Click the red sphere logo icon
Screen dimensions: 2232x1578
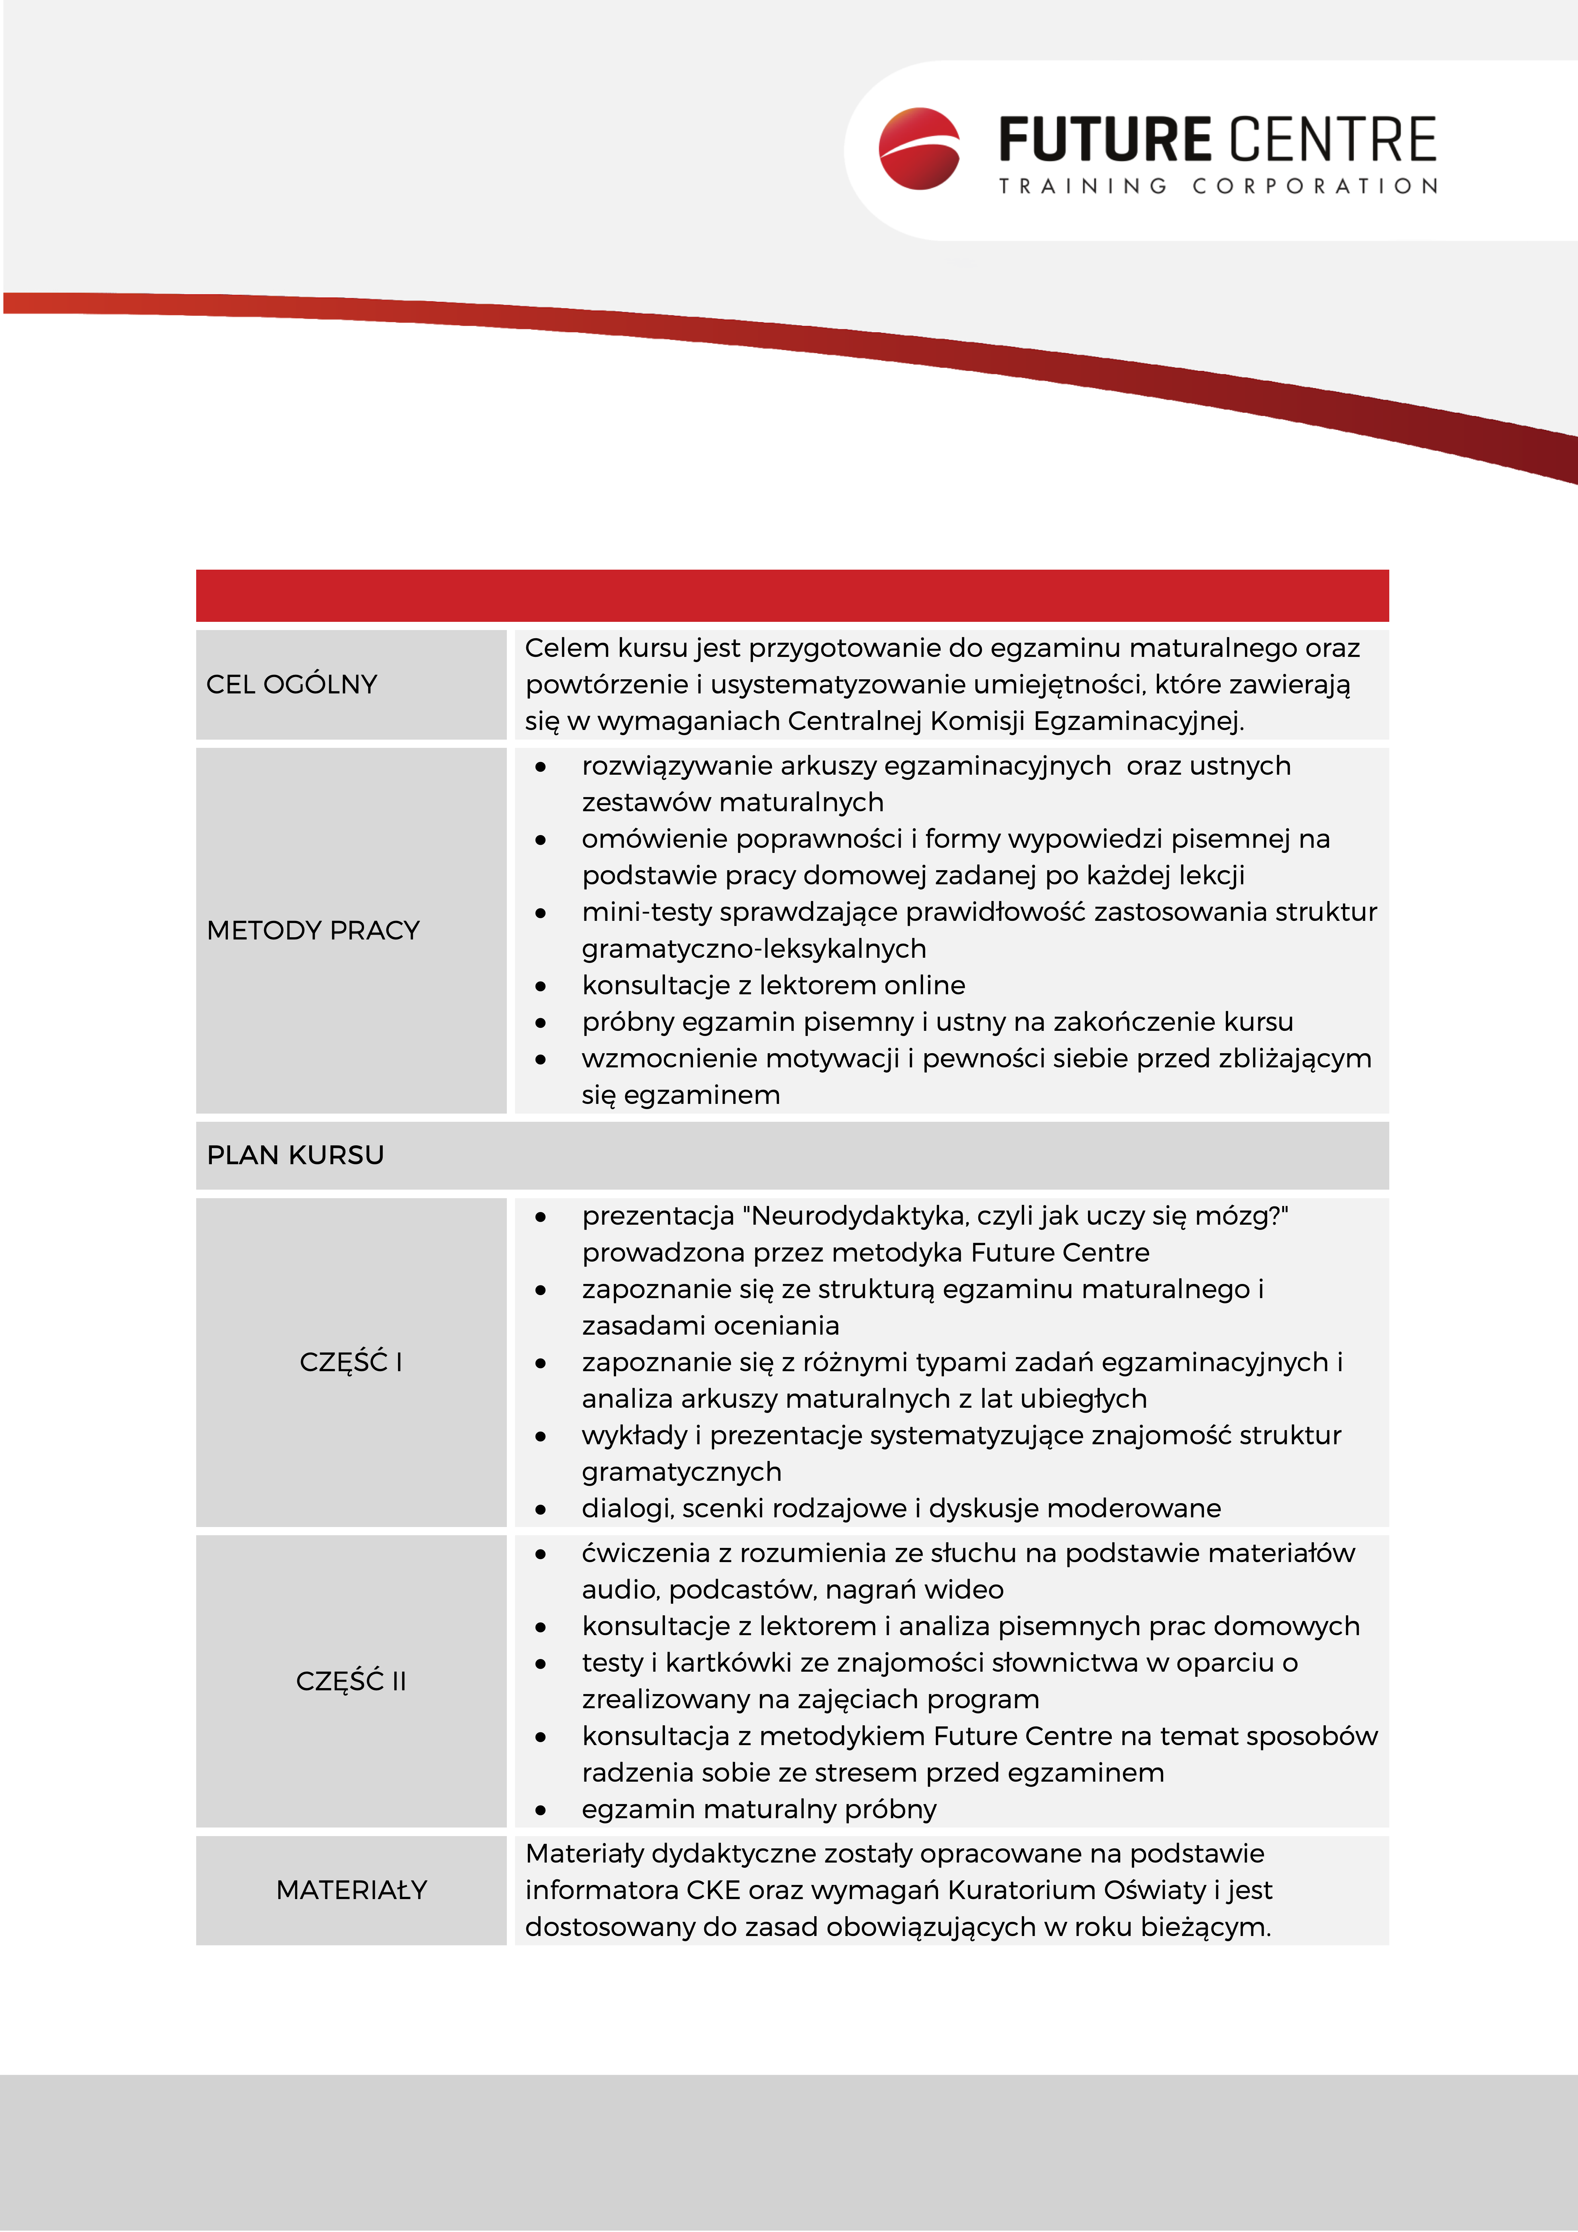click(x=919, y=149)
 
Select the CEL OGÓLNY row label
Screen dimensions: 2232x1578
click(x=292, y=684)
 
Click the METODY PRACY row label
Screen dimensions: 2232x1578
click(x=313, y=930)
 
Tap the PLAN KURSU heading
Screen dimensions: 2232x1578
click(x=295, y=1155)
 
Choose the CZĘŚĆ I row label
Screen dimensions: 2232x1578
click(x=351, y=1362)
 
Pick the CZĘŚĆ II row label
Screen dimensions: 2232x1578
click(x=351, y=1681)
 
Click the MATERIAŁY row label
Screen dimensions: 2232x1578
click(x=352, y=1890)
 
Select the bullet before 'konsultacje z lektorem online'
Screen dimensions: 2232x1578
click(x=540, y=986)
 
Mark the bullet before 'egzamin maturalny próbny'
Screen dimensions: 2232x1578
click(x=540, y=1810)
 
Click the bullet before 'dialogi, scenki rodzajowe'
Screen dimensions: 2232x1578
click(x=540, y=1509)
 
